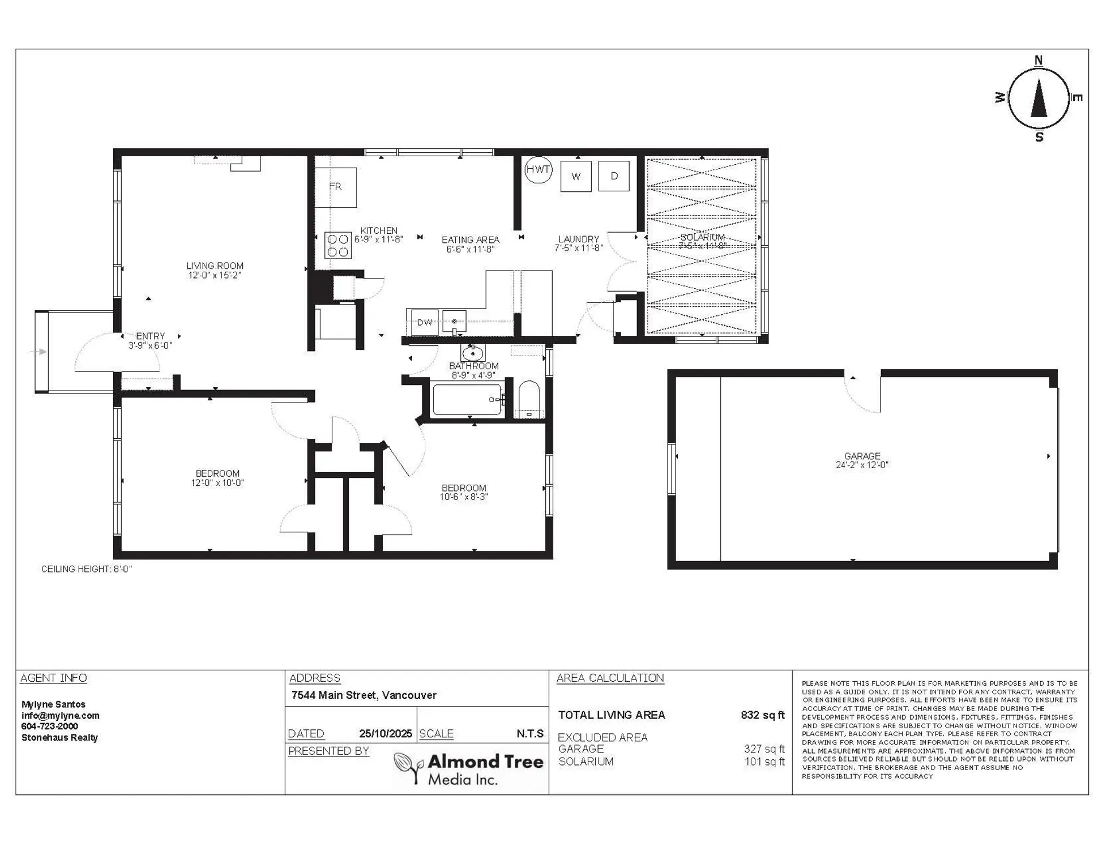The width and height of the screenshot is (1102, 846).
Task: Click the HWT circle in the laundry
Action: click(x=538, y=169)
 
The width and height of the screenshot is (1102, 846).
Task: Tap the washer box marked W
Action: click(x=576, y=176)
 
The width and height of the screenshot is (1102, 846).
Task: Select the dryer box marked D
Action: click(x=614, y=176)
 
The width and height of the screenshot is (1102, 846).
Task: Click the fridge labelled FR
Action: click(x=336, y=187)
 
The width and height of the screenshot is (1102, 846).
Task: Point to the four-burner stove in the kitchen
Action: click(x=338, y=245)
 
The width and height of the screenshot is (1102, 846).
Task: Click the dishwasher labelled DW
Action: click(x=424, y=322)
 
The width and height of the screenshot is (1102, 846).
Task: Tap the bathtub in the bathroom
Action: click(x=467, y=400)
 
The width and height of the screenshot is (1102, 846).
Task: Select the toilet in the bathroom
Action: click(x=529, y=399)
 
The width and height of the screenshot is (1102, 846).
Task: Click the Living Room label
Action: click(x=215, y=266)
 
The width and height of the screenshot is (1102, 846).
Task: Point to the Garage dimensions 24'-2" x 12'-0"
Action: click(x=862, y=465)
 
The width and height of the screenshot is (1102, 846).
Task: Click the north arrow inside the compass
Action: click(x=1038, y=98)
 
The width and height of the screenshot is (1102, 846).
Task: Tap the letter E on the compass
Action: click(x=1077, y=98)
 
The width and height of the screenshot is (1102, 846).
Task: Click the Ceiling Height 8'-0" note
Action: click(x=87, y=569)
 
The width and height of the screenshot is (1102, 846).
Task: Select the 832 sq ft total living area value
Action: click(x=762, y=715)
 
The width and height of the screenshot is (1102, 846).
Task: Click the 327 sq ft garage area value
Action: click(x=764, y=749)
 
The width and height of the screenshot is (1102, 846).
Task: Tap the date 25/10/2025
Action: click(x=385, y=734)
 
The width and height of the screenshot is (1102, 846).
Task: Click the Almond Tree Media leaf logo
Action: click(x=409, y=767)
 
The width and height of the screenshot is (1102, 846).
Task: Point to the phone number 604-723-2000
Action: click(x=49, y=727)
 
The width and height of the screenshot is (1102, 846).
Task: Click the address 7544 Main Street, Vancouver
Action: click(x=364, y=696)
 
